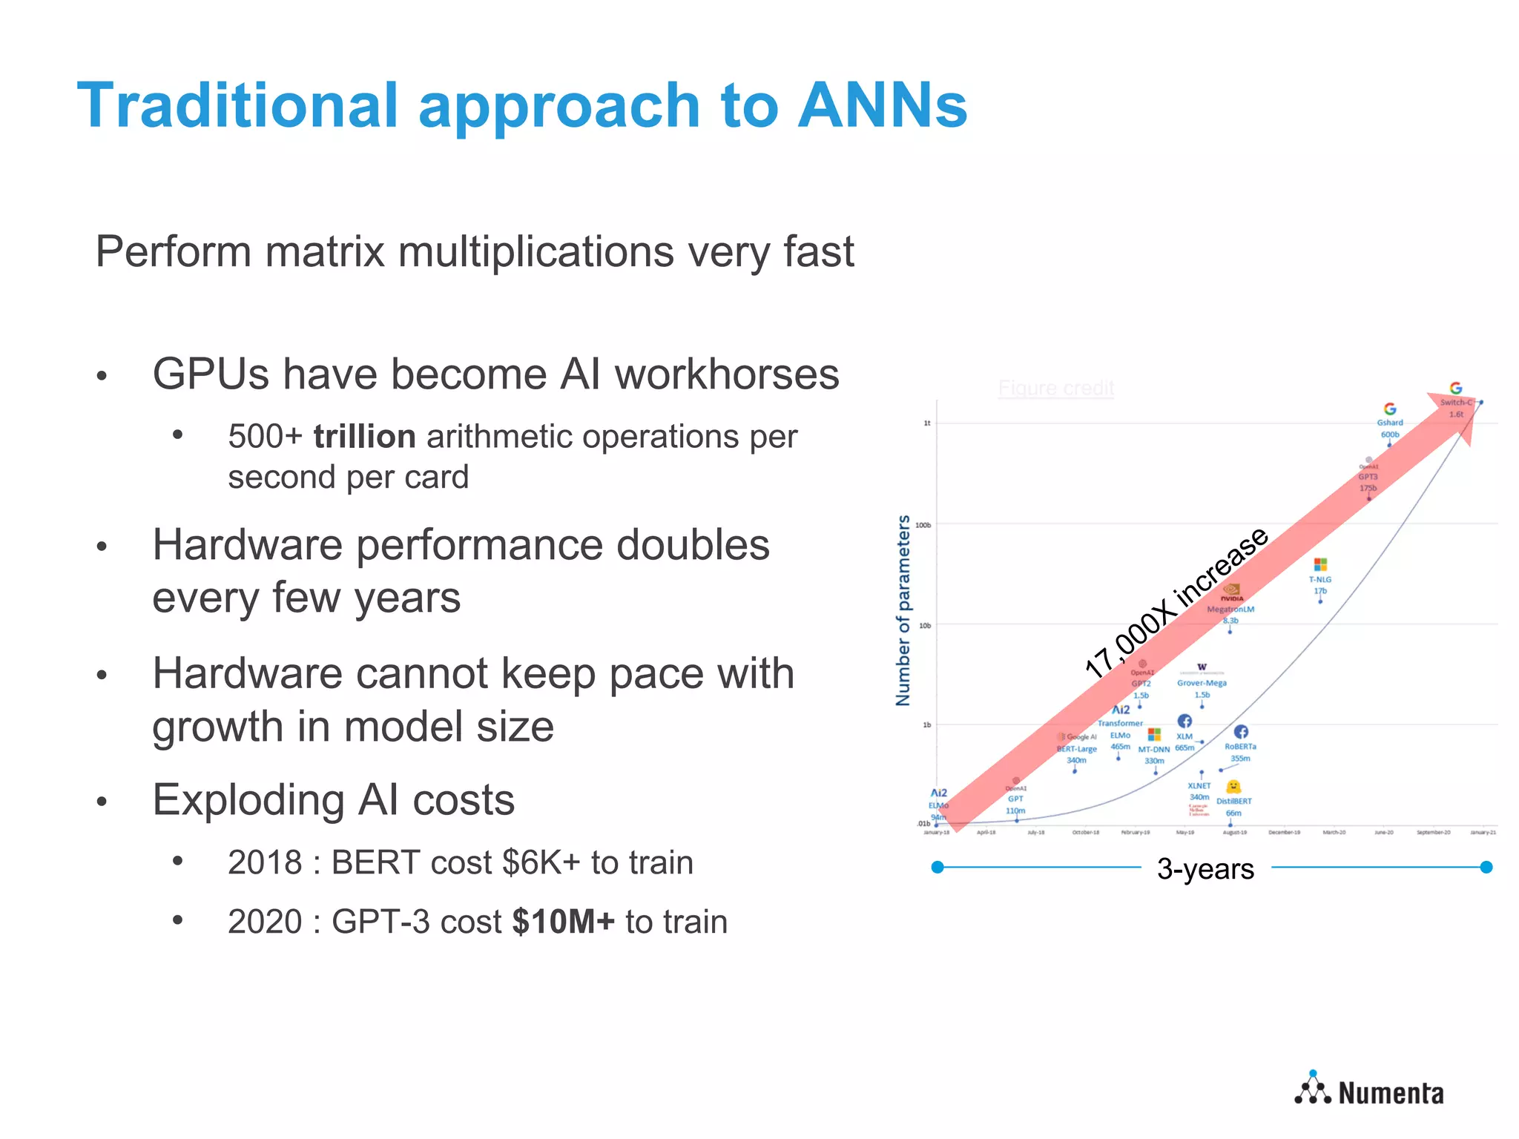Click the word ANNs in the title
[x=882, y=106]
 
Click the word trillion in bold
[x=364, y=437]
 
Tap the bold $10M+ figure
[x=563, y=922]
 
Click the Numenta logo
[x=1369, y=1091]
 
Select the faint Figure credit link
[x=1055, y=388]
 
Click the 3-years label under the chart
[x=1205, y=868]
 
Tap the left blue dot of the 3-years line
[x=938, y=867]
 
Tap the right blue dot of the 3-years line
[x=1486, y=867]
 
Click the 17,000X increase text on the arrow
[x=1176, y=602]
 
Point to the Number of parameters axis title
[x=903, y=610]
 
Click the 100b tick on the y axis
[x=923, y=525]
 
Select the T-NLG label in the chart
[x=1319, y=580]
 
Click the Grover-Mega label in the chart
[x=1202, y=683]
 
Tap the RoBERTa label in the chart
[x=1240, y=747]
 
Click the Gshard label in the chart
[x=1390, y=423]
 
